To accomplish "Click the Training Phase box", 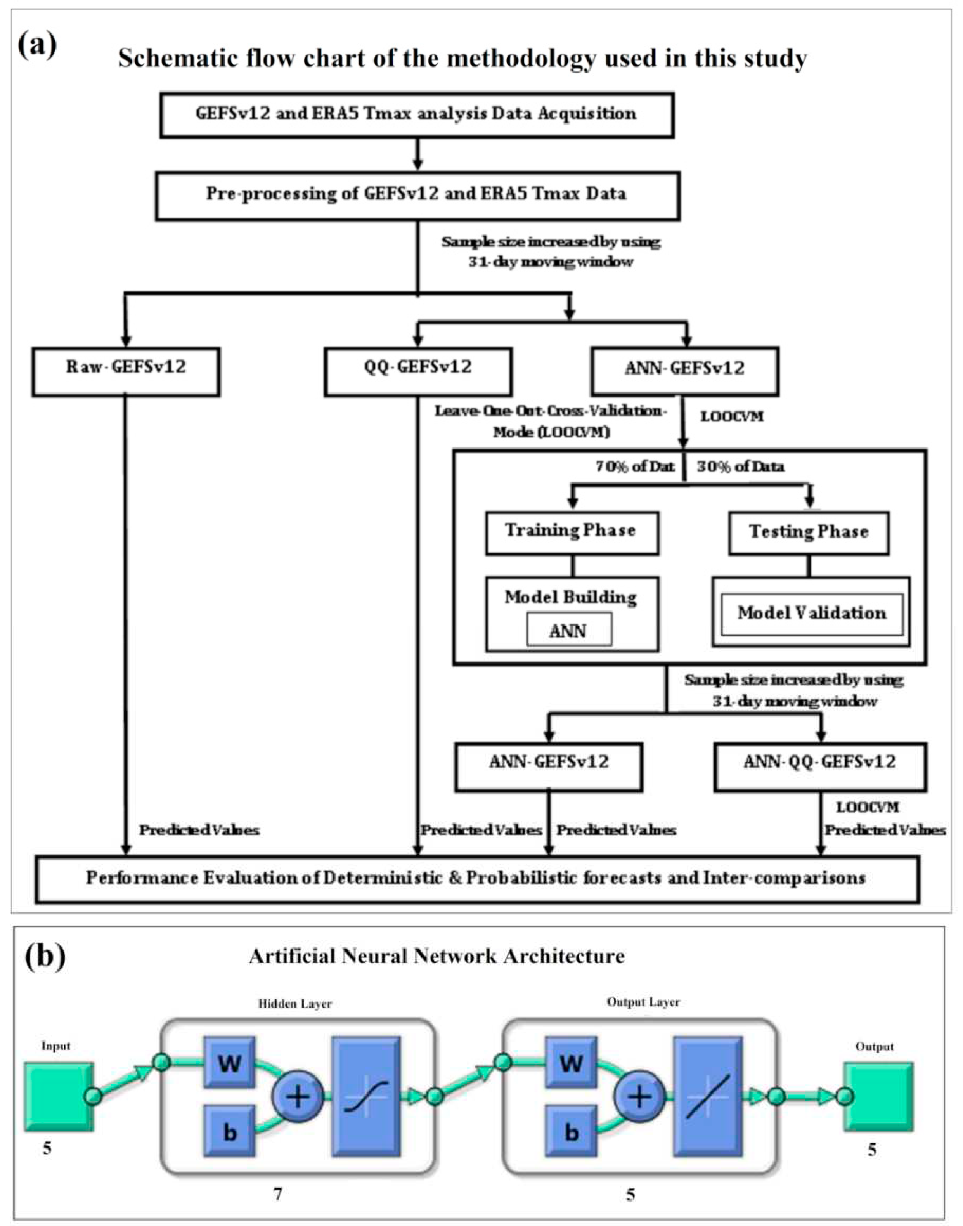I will pos(572,533).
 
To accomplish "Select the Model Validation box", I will pos(811,614).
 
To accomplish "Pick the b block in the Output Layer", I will pos(571,1132).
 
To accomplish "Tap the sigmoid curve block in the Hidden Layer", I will pos(367,1096).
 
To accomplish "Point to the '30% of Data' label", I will pos(740,467).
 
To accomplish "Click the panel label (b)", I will pos(45,957).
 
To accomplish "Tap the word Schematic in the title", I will pos(177,58).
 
